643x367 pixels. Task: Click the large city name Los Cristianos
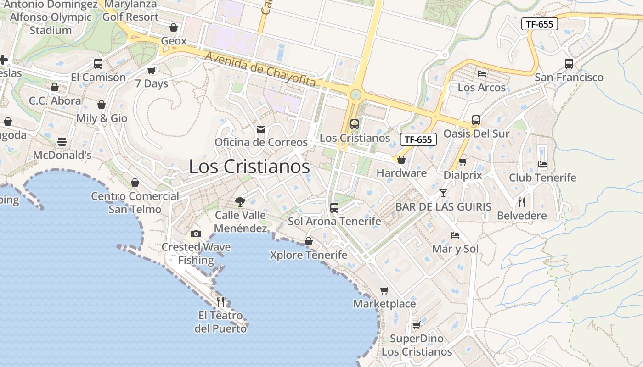tap(249, 167)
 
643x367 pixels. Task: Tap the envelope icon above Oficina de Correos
tap(261, 129)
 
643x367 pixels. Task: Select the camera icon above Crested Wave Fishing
tap(196, 234)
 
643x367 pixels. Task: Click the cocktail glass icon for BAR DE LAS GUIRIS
tap(443, 193)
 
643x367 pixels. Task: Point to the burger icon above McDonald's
tap(62, 142)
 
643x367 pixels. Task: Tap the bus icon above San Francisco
tap(569, 64)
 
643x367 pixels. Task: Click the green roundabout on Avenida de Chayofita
tap(355, 95)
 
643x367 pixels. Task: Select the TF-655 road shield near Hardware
tap(418, 139)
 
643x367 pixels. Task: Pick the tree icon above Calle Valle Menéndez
tap(240, 201)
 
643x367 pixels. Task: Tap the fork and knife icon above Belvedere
tap(522, 202)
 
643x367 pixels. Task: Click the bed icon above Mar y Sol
tap(455, 235)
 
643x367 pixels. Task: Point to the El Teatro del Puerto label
tap(220, 322)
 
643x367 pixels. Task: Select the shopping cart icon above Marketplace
tap(384, 290)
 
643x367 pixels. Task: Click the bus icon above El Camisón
tap(98, 64)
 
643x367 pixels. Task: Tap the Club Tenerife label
tap(542, 178)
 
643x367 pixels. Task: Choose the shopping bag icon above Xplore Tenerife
tap(309, 241)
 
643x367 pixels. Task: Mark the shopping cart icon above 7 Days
tap(152, 71)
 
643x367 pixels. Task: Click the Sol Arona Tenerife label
tap(334, 221)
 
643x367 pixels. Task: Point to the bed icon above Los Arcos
tap(482, 73)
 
